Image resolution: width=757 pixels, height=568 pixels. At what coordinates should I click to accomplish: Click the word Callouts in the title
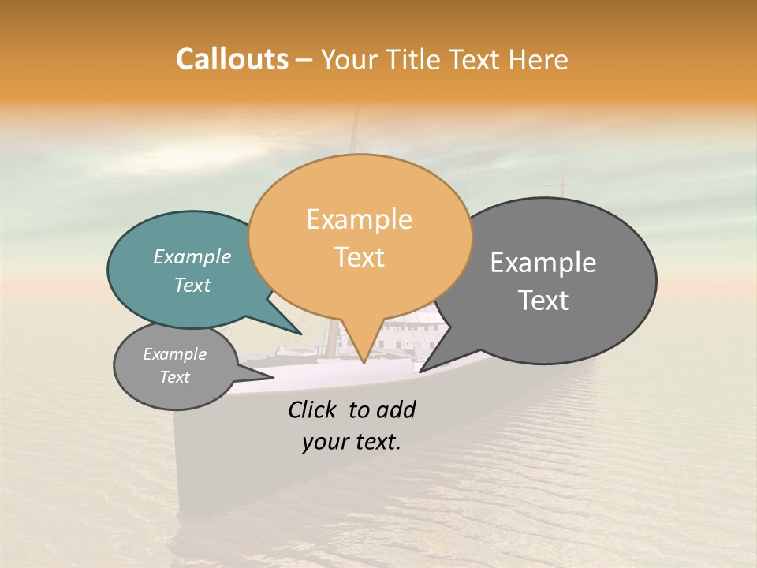(x=232, y=60)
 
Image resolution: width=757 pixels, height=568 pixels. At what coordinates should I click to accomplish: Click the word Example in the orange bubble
(x=359, y=219)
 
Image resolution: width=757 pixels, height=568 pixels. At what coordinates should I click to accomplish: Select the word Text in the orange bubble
(x=360, y=257)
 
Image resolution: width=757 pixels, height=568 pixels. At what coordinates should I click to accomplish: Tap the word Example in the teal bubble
(x=192, y=257)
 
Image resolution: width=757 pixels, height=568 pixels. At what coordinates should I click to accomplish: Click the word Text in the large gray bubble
(x=543, y=301)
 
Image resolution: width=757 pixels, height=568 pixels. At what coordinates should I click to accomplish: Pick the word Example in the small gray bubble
(x=174, y=355)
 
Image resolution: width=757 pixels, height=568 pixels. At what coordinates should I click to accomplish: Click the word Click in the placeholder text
(x=313, y=409)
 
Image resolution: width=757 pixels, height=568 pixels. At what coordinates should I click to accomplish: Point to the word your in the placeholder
(x=325, y=442)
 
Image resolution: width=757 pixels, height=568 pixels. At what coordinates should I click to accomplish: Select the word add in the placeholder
(x=395, y=409)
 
